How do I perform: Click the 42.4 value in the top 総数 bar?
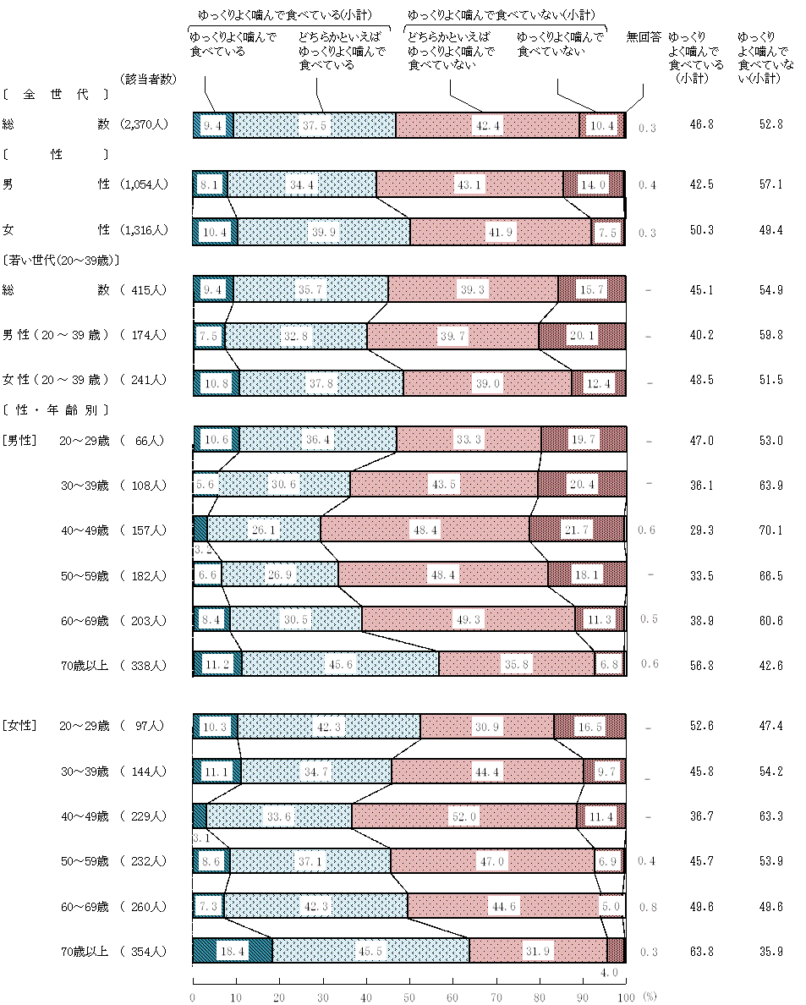pos(488,125)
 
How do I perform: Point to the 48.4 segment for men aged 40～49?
pos(425,530)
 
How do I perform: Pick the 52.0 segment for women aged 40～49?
pos(465,816)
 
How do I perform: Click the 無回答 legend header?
pos(644,37)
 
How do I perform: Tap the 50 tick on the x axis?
pos(410,997)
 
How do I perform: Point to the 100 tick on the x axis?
pos(626,997)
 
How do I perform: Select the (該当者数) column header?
pos(148,79)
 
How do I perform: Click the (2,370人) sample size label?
pos(144,124)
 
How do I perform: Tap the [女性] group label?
pos(19,726)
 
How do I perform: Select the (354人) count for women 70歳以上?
pos(144,952)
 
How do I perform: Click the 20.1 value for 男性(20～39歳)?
pos(582,335)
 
